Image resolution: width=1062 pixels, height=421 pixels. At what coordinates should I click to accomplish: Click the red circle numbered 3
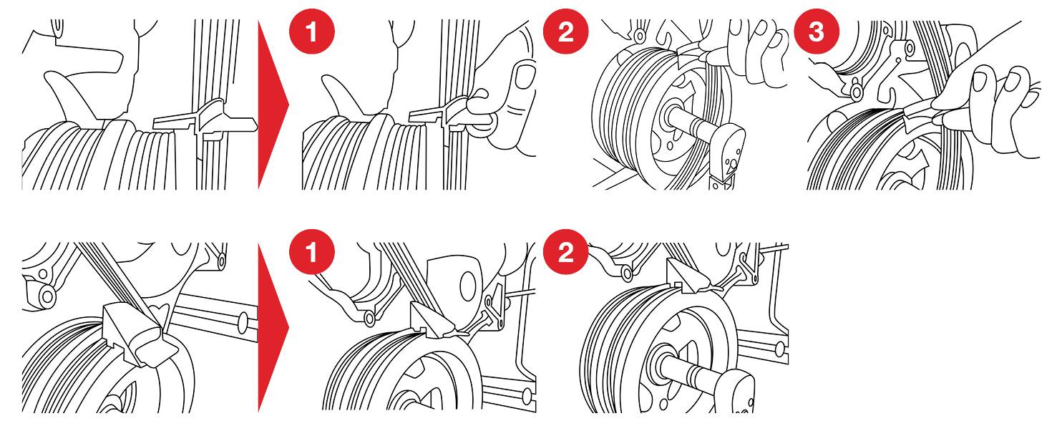(817, 32)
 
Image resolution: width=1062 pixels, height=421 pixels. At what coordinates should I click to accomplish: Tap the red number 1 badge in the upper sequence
(312, 32)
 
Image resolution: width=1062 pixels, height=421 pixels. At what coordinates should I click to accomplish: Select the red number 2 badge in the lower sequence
(565, 252)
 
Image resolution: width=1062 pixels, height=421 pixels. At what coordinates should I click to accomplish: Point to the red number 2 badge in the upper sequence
(565, 32)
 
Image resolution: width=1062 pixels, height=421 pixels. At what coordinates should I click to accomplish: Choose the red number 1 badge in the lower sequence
(312, 252)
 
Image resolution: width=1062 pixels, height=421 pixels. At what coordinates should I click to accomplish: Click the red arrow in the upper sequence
(273, 105)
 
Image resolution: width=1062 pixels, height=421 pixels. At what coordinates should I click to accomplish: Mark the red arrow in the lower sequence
(273, 327)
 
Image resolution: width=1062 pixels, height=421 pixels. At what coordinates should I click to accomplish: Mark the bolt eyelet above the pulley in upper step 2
(639, 34)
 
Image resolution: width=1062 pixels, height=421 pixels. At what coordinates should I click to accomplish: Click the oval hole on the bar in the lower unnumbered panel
(243, 321)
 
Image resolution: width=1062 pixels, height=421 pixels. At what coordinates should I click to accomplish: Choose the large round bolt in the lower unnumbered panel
(47, 296)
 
